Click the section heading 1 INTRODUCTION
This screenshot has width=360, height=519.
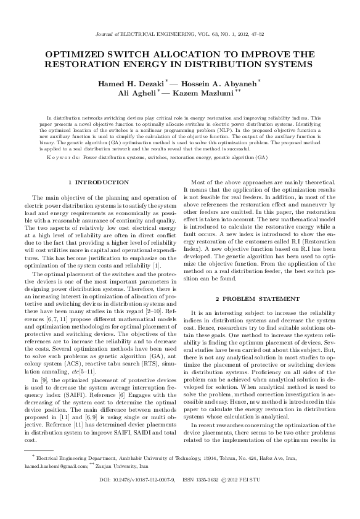pos(99,182)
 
